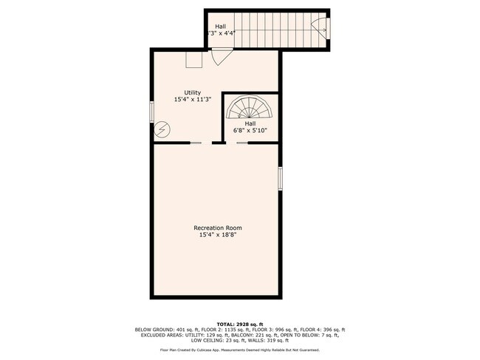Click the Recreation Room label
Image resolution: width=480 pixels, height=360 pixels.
[x=217, y=228]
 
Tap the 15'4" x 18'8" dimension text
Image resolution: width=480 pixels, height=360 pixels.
[x=217, y=235]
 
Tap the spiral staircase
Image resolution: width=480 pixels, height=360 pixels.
[x=250, y=109]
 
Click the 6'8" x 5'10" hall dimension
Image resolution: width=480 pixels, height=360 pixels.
[x=250, y=130]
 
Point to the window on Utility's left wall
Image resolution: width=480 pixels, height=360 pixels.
[x=152, y=111]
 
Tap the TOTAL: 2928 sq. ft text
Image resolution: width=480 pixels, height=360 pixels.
[x=239, y=324]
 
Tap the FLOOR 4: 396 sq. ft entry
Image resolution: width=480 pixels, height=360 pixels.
[x=323, y=330]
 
